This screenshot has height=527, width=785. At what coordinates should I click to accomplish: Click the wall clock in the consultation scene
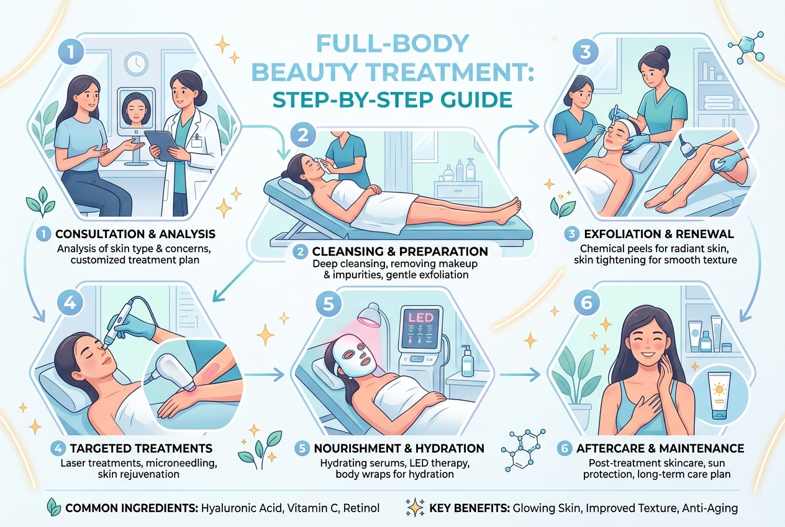(137, 64)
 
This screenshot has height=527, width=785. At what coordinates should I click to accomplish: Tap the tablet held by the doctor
(162, 145)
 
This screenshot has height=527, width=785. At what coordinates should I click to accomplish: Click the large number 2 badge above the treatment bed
(303, 135)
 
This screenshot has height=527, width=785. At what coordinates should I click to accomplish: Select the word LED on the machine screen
(421, 318)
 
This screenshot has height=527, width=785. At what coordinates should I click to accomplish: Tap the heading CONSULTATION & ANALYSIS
(135, 234)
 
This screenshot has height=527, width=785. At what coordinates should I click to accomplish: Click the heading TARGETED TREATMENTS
(141, 448)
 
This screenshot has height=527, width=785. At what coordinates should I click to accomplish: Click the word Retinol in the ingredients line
(361, 508)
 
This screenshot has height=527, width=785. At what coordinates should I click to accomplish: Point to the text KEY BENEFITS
(470, 508)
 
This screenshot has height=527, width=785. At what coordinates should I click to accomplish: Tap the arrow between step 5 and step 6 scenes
(519, 375)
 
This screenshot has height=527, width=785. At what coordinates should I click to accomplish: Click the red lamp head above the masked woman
(370, 316)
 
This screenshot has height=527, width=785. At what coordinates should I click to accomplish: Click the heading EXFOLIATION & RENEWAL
(659, 234)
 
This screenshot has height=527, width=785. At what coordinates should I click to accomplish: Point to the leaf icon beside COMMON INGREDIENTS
(53, 507)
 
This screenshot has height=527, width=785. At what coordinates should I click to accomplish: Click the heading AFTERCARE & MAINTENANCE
(660, 448)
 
